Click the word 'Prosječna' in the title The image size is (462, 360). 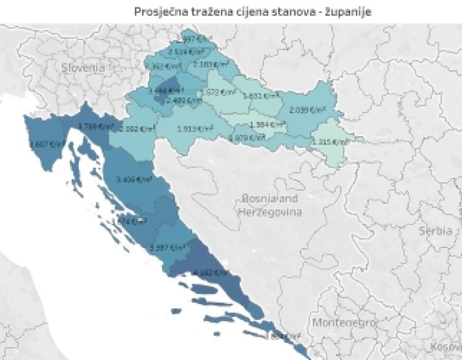pyautogui.click(x=157, y=12)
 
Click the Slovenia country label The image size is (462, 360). pyautogui.click(x=83, y=68)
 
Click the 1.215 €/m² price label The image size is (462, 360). pyautogui.click(x=331, y=142)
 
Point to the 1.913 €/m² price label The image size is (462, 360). pyautogui.click(x=195, y=129)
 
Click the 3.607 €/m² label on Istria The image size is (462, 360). pyautogui.click(x=47, y=143)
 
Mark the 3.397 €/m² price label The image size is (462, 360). pyautogui.click(x=167, y=247)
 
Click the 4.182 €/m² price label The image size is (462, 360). pyautogui.click(x=212, y=271)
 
